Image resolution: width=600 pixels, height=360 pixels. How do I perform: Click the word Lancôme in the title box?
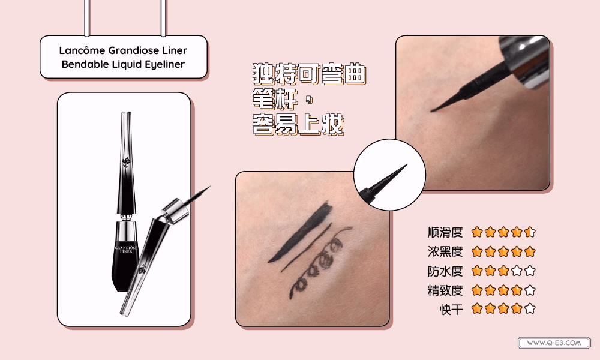pyautogui.click(x=82, y=50)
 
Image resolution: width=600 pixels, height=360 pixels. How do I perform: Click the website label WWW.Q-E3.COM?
pyautogui.click(x=554, y=343)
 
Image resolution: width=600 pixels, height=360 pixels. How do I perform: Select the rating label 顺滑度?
pyautogui.click(x=445, y=232)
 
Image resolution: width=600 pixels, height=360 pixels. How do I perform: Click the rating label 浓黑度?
pyautogui.click(x=445, y=252)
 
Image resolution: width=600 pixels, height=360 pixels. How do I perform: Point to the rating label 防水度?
pyautogui.click(x=445, y=271)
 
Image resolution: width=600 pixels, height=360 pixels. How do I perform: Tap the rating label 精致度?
pyautogui.click(x=445, y=290)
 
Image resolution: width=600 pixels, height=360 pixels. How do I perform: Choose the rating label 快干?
pyautogui.click(x=451, y=309)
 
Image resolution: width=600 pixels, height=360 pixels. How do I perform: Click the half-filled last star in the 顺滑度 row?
pyautogui.click(x=530, y=232)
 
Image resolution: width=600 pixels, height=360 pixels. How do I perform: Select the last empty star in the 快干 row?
pyautogui.click(x=530, y=308)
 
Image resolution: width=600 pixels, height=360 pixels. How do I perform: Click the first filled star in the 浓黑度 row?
pyautogui.click(x=477, y=251)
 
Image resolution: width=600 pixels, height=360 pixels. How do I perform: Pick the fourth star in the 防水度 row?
pyautogui.click(x=517, y=271)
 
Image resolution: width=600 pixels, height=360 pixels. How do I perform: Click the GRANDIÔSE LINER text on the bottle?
pyautogui.click(x=126, y=250)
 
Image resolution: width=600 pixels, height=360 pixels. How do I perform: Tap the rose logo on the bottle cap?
pyautogui.click(x=127, y=162)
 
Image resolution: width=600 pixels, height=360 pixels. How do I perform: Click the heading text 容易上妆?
pyautogui.click(x=298, y=124)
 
